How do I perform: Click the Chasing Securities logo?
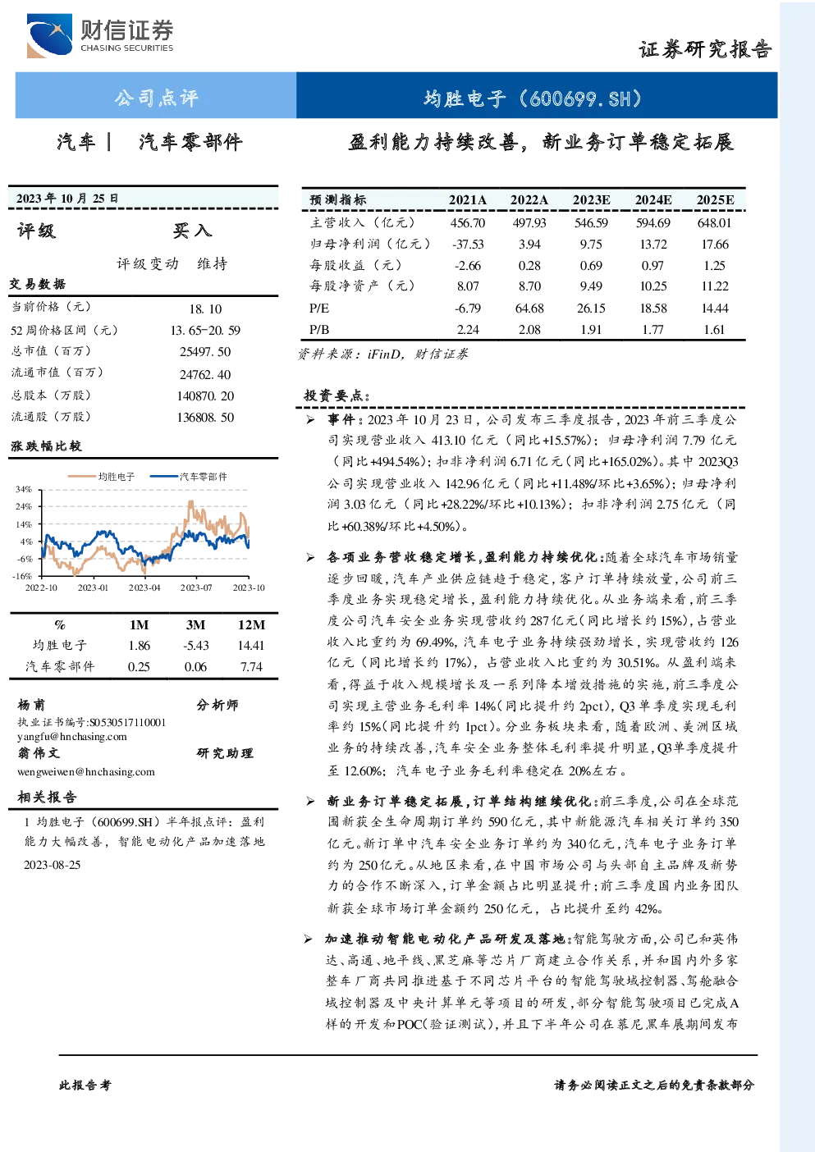click(x=100, y=35)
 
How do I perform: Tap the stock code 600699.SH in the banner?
click(x=581, y=98)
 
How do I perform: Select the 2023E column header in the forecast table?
click(x=591, y=200)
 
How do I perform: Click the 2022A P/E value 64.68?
click(x=529, y=308)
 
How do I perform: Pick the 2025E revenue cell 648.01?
click(x=715, y=222)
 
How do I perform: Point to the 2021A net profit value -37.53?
click(x=468, y=245)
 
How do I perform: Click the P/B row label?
click(x=319, y=329)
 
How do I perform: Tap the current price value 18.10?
click(x=205, y=309)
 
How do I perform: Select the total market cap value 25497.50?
click(x=205, y=352)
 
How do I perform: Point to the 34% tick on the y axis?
click(x=24, y=489)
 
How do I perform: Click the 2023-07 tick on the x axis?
click(x=196, y=587)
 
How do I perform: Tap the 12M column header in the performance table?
click(x=251, y=625)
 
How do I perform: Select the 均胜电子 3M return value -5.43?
click(x=196, y=646)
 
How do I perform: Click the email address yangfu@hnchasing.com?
click(x=72, y=737)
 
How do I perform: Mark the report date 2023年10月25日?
click(x=67, y=199)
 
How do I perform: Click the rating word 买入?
click(x=192, y=231)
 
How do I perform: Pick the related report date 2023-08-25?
click(x=52, y=865)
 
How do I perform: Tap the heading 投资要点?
click(x=337, y=395)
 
